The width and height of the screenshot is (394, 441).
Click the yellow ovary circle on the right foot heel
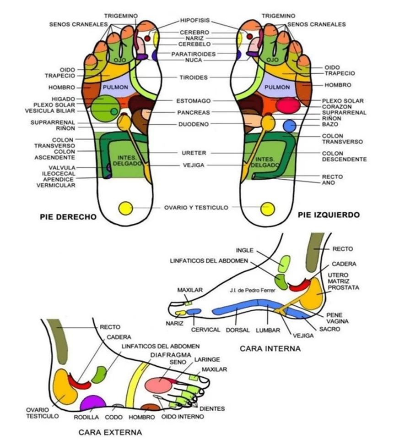tap(125, 208)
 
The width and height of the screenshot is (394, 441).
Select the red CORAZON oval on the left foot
tap(288, 105)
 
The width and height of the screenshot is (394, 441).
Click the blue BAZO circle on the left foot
tap(290, 125)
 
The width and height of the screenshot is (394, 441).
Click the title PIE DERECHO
tap(68, 217)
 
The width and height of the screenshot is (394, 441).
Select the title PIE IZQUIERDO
tap(328, 214)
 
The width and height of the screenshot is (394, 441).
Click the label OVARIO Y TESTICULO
tap(196, 207)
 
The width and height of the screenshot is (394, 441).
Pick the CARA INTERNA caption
tap(270, 348)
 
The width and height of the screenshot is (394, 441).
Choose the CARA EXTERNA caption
tap(110, 432)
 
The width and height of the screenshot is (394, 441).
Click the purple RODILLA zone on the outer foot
tap(93, 403)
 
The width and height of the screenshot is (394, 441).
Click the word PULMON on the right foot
tap(113, 87)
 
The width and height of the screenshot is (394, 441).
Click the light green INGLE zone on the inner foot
tap(285, 263)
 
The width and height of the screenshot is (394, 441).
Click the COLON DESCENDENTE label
tap(344, 156)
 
